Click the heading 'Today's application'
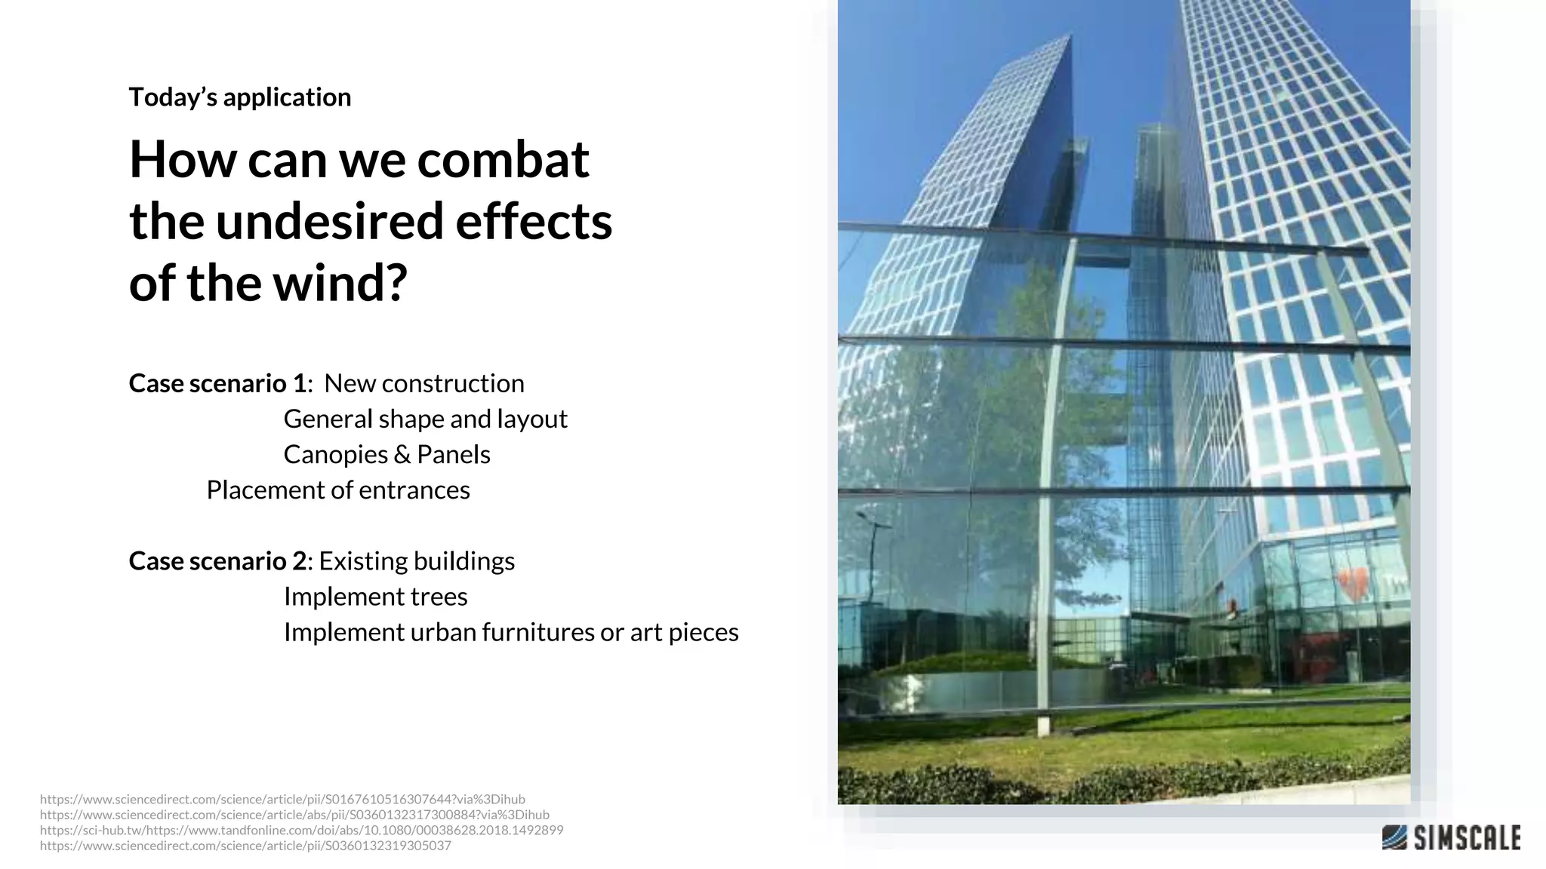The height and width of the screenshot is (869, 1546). click(239, 97)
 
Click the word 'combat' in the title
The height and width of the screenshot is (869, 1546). click(503, 160)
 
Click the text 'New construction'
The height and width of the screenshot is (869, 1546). click(423, 383)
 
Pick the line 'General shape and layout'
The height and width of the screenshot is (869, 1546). click(425, 419)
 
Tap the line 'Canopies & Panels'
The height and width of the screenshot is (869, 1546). click(386, 454)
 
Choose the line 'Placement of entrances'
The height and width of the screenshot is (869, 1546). click(338, 490)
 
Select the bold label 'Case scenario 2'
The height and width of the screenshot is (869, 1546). click(218, 561)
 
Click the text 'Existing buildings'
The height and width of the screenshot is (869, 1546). click(417, 561)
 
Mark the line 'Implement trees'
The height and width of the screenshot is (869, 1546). click(375, 597)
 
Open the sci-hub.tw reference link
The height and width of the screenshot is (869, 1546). click(301, 830)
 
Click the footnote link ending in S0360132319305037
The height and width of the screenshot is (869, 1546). click(245, 846)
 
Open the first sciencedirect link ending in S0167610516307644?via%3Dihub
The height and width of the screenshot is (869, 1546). click(282, 799)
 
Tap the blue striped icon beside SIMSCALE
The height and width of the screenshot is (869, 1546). click(1394, 837)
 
